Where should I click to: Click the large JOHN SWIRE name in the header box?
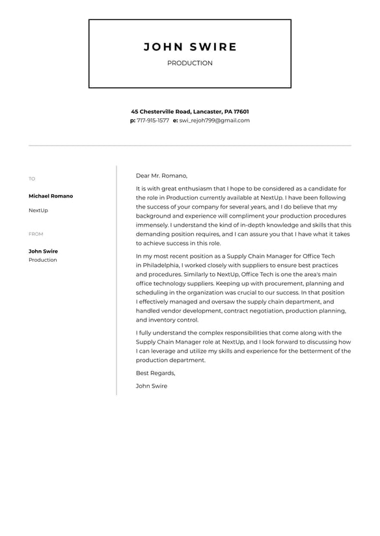pyautogui.click(x=190, y=47)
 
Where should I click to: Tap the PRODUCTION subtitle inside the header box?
pyautogui.click(x=190, y=63)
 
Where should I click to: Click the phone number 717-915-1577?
pyautogui.click(x=153, y=120)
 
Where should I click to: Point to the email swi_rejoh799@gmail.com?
pyautogui.click(x=214, y=120)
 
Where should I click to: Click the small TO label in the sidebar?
pyautogui.click(x=32, y=179)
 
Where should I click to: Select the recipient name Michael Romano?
pyautogui.click(x=51, y=196)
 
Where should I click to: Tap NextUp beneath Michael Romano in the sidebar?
pyautogui.click(x=38, y=211)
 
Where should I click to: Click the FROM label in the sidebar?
pyautogui.click(x=36, y=234)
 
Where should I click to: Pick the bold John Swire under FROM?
pyautogui.click(x=43, y=251)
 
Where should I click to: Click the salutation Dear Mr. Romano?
pyautogui.click(x=161, y=175)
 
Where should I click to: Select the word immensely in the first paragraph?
pyautogui.click(x=152, y=225)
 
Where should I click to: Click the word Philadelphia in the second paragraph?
pyautogui.click(x=160, y=265)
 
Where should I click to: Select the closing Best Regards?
pyautogui.click(x=156, y=373)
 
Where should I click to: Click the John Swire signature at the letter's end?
pyautogui.click(x=152, y=386)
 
